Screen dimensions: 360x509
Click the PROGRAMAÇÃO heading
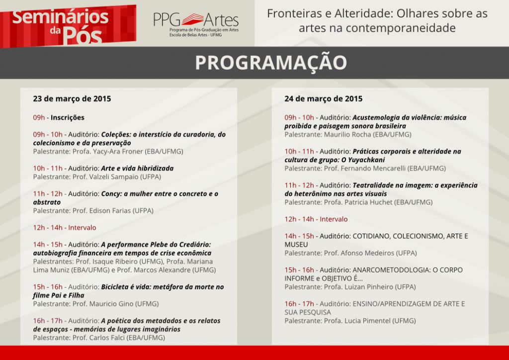tap(270, 63)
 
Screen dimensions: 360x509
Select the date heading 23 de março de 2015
tap(72, 98)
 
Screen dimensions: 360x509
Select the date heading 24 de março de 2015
tap(323, 98)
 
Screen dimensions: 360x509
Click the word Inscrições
tap(67, 118)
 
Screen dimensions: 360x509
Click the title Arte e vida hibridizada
tap(137, 169)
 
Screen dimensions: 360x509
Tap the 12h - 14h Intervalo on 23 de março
tap(65, 227)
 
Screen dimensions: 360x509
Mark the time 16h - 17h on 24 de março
tap(299, 304)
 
